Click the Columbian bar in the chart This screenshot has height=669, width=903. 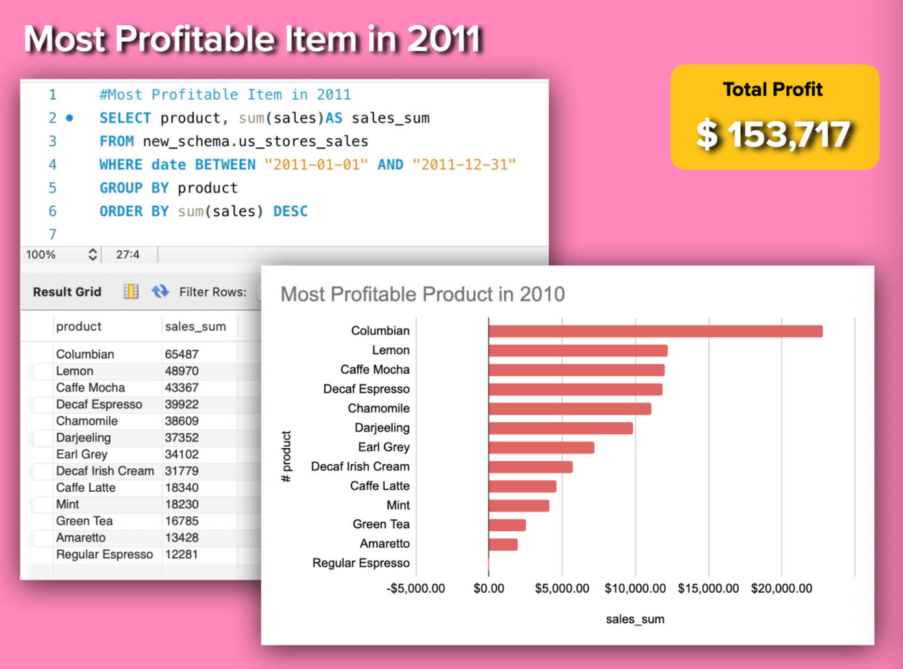(x=655, y=331)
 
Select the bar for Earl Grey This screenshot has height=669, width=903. (x=541, y=448)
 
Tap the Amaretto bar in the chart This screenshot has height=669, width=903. (x=503, y=544)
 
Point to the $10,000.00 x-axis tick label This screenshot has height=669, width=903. (x=635, y=588)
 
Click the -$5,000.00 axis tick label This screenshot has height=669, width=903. (x=416, y=588)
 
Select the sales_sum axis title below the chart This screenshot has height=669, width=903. (x=635, y=619)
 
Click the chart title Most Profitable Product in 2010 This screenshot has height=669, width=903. (x=422, y=294)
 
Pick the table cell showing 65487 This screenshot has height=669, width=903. (x=182, y=354)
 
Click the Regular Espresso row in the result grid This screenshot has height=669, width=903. (x=104, y=554)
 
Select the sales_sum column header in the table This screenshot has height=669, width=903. (x=195, y=326)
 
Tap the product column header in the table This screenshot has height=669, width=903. (x=79, y=326)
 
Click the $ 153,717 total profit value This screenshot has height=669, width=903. (x=773, y=135)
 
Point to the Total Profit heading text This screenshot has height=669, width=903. (x=773, y=89)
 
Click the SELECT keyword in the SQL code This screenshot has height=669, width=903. (x=124, y=118)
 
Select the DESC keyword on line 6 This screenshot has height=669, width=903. (x=290, y=211)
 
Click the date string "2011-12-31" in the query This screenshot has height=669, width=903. (x=463, y=165)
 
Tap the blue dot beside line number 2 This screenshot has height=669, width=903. (x=70, y=118)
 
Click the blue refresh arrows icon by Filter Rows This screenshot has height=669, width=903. (x=160, y=291)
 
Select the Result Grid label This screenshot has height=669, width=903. (x=67, y=292)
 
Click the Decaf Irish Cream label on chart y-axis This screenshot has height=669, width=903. (x=360, y=466)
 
